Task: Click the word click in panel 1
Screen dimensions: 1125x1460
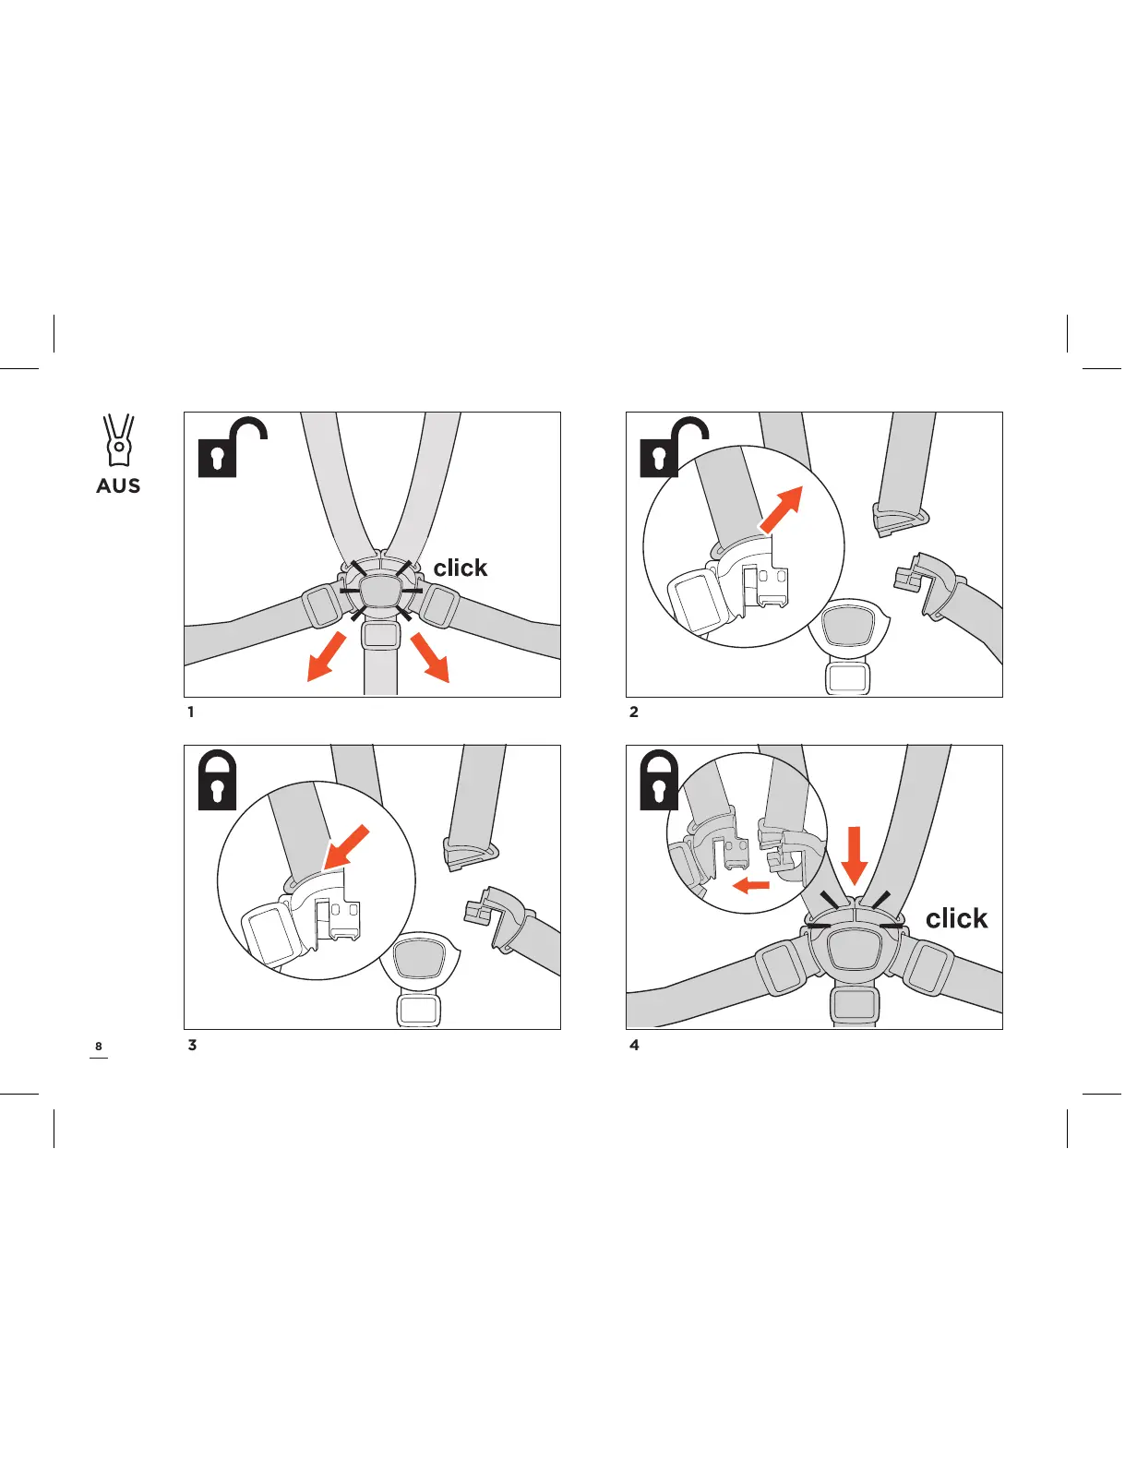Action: (x=460, y=568)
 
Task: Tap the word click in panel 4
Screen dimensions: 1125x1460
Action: (x=956, y=919)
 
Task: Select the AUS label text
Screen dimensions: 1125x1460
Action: (x=118, y=486)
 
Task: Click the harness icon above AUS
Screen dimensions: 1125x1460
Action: (x=118, y=440)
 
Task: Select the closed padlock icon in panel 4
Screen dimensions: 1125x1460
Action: (x=659, y=781)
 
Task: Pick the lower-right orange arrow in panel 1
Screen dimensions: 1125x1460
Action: (x=429, y=657)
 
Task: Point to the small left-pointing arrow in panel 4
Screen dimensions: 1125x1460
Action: (x=750, y=886)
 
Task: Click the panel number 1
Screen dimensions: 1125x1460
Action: (x=191, y=712)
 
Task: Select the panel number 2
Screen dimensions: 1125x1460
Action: (x=633, y=712)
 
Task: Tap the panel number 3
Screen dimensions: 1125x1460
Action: (x=192, y=1046)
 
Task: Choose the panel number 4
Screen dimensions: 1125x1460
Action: (x=634, y=1046)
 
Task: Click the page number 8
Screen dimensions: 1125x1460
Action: (x=99, y=1047)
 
